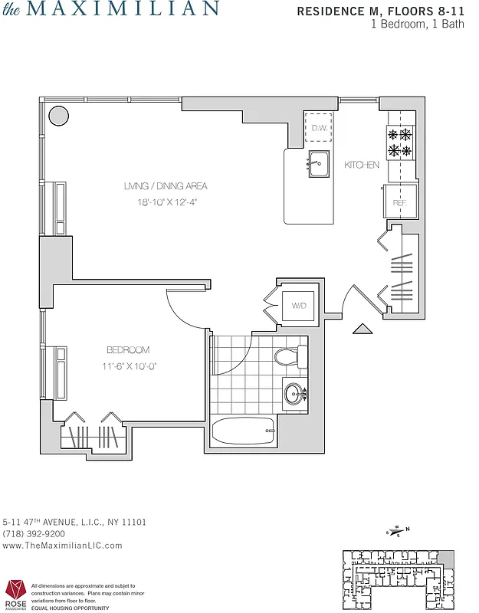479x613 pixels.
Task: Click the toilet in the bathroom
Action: pos(290,356)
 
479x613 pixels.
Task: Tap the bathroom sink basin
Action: pos(294,395)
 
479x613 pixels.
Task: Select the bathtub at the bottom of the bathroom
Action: pos(242,431)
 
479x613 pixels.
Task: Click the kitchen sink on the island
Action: pos(319,163)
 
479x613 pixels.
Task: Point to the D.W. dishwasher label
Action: pos(319,127)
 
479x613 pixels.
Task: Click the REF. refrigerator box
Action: pos(401,201)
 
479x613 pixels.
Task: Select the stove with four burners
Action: pos(400,142)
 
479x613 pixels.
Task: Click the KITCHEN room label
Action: pos(361,165)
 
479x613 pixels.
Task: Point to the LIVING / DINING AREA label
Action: pos(166,186)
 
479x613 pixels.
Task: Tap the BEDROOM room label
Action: pos(128,350)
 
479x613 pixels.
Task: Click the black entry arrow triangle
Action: pos(363,329)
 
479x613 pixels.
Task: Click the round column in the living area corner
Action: pos(58,116)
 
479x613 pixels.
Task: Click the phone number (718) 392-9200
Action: pos(34,533)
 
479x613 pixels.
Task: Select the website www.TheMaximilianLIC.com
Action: pos(63,546)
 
